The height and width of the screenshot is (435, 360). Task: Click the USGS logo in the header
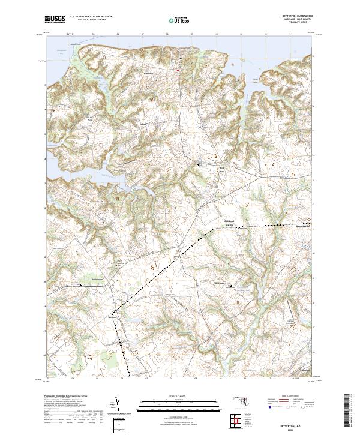click(55, 19)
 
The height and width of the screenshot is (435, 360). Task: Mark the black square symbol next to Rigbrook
click(229, 286)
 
